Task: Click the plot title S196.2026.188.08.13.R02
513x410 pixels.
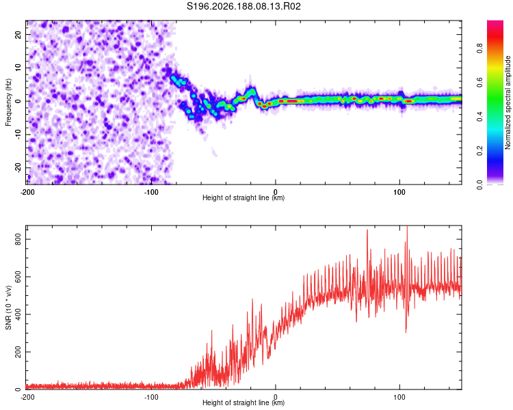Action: pyautogui.click(x=244, y=6)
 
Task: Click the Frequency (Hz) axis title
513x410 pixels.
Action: pyautogui.click(x=8, y=102)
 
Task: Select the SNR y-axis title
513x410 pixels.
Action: pyautogui.click(x=8, y=307)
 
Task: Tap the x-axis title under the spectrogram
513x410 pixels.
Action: pyautogui.click(x=244, y=197)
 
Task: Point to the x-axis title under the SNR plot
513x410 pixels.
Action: pyautogui.click(x=244, y=402)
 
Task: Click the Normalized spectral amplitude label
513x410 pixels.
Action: pyautogui.click(x=508, y=102)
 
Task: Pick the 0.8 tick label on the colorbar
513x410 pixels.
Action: pyautogui.click(x=480, y=49)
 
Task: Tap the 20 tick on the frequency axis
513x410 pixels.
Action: pyautogui.click(x=18, y=34)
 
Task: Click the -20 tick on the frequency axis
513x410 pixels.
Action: pyautogui.click(x=18, y=168)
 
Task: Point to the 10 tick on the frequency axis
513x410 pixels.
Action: pyautogui.click(x=18, y=68)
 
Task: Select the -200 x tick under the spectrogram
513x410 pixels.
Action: pyautogui.click(x=27, y=192)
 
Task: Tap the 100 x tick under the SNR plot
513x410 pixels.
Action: pyautogui.click(x=399, y=397)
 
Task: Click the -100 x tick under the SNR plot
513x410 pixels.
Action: pyautogui.click(x=151, y=397)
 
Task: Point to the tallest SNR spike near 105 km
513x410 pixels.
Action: pyautogui.click(x=407, y=226)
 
